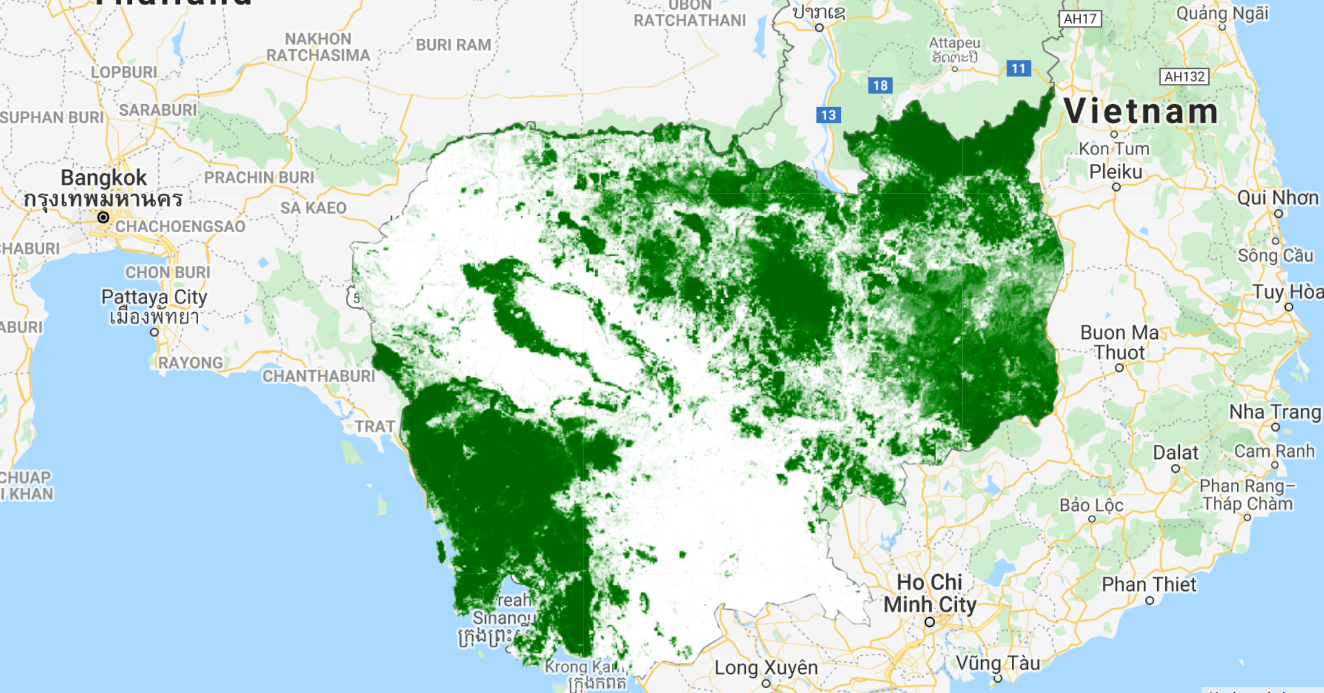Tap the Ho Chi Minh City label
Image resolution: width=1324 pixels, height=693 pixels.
929,593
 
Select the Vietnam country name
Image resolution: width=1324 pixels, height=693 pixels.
1141,111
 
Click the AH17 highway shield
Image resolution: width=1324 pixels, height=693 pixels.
1080,18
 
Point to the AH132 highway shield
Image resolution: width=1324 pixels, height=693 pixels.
1184,76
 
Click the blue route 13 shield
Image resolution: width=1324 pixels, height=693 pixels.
828,115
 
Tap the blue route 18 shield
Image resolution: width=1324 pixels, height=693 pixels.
880,86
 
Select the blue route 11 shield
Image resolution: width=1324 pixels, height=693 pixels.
1018,68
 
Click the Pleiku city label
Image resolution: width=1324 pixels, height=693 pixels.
1115,172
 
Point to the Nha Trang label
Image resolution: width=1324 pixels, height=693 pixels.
1275,411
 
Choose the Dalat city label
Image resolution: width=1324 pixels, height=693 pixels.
1175,453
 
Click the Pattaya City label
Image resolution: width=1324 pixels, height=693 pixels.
154,297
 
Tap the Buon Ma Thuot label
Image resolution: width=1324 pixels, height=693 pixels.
1119,342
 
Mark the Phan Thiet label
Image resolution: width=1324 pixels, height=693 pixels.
1149,584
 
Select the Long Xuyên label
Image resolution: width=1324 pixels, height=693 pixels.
766,668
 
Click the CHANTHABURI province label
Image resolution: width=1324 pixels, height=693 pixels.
318,376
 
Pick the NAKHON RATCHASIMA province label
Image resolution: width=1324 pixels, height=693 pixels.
318,47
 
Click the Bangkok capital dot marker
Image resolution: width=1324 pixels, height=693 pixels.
103,217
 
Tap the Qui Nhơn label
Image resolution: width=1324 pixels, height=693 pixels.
1278,198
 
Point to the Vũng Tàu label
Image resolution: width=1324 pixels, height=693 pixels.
998,663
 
